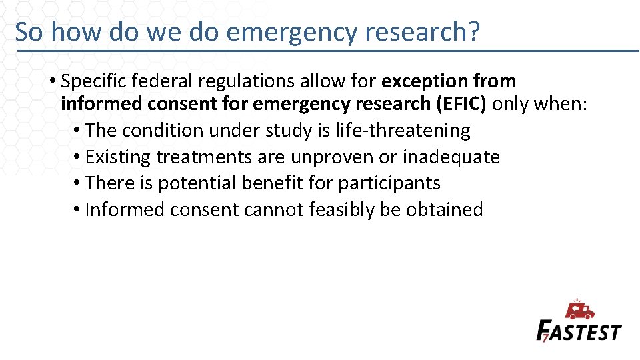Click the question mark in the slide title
pos(473,31)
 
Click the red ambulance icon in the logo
pos(580,310)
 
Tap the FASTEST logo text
pos(579,331)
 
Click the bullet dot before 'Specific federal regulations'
pos(52,82)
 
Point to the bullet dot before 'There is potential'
pos(77,183)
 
